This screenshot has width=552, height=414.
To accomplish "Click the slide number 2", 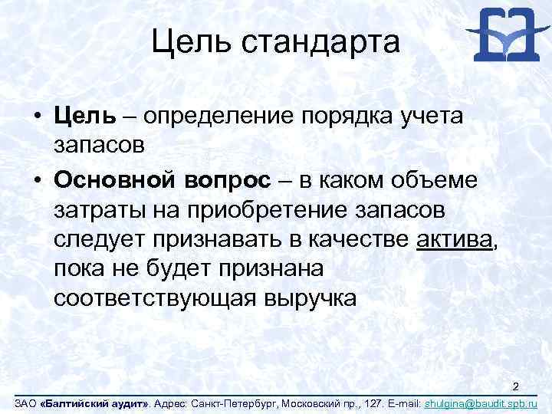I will click(x=516, y=386).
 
